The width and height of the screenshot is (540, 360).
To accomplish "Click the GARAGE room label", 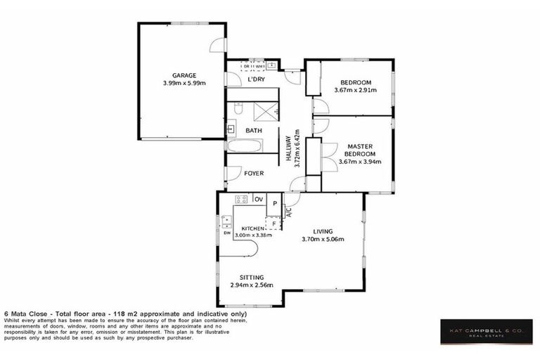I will pos(184,75).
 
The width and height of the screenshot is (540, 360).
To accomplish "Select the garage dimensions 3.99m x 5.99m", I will pos(184,83).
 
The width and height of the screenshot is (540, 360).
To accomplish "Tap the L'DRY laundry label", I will pos(255,79).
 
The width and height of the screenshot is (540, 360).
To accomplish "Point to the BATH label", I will pos(253,131).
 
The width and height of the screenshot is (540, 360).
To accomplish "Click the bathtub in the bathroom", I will pos(244,146).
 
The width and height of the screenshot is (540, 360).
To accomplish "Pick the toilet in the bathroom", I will pos(238,110).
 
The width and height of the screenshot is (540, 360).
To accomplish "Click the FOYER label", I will pos(253,173).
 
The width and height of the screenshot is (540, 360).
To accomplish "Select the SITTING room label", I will pos(251,278).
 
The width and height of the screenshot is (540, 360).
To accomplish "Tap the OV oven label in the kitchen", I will pos(258,200).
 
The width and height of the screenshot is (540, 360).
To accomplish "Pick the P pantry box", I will pos(274,205).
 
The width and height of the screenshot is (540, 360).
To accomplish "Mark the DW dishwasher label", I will pos(227,233).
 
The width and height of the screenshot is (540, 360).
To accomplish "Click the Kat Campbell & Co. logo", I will pos(486,330).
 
